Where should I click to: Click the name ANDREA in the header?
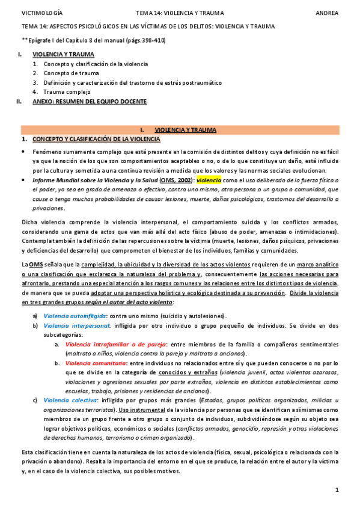[328, 11]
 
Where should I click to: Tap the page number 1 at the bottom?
[338, 491]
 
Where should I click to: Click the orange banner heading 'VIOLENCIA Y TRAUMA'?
[186, 130]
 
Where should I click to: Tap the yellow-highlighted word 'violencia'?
[209, 180]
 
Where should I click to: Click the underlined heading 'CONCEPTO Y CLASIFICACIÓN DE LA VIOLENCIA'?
[96, 140]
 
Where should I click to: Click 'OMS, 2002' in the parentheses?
[177, 180]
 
